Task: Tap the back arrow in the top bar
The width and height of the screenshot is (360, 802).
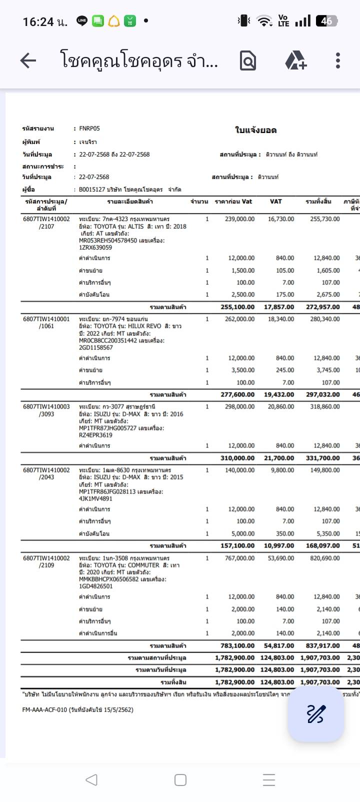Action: [x=28, y=61]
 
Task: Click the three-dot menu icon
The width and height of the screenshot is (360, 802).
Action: [x=338, y=60]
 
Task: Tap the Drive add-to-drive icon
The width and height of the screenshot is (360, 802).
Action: [x=295, y=60]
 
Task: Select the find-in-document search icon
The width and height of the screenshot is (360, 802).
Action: [x=248, y=60]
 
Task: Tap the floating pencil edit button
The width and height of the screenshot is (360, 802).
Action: [x=315, y=713]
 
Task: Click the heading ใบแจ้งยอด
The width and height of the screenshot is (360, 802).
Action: [x=255, y=130]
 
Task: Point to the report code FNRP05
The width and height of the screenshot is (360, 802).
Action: [x=89, y=128]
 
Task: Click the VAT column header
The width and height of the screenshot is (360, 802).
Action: [x=275, y=201]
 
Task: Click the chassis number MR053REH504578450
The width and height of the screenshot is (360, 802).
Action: [x=108, y=240]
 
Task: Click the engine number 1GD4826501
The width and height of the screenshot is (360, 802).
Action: [x=96, y=586]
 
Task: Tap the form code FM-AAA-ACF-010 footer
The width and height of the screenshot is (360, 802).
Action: [x=78, y=709]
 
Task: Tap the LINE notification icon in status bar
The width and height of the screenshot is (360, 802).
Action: [x=82, y=21]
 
